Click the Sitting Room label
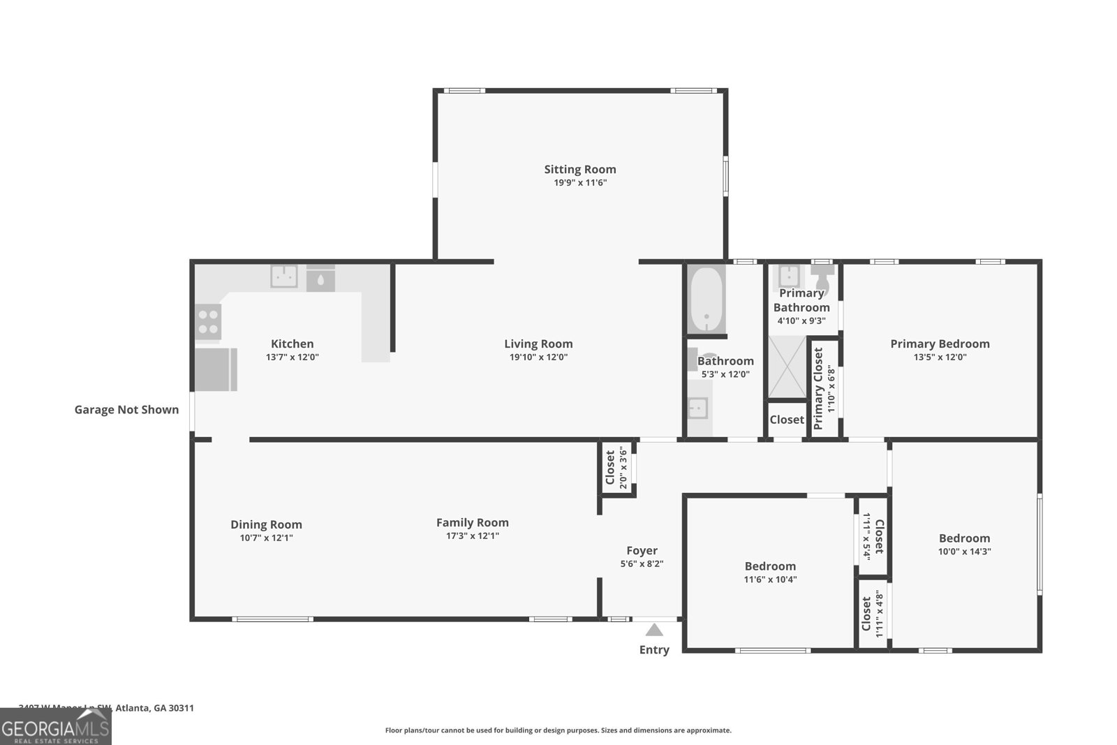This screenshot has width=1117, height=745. [x=580, y=169]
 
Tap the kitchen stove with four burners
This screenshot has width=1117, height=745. [x=208, y=322]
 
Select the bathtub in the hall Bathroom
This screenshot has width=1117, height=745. [x=707, y=300]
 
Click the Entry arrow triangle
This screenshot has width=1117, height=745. [x=654, y=630]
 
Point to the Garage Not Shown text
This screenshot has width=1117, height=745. [x=126, y=410]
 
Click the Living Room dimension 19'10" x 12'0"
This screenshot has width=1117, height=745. [x=538, y=357]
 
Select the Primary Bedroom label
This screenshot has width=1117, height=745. [x=940, y=344]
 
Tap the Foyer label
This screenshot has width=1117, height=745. [x=642, y=550]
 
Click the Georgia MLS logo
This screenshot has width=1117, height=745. [x=55, y=728]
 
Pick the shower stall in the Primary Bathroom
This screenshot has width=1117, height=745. [x=787, y=367]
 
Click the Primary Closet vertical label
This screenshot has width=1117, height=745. [x=819, y=388]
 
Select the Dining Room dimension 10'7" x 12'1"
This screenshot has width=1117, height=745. [x=266, y=538]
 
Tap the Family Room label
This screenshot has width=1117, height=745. [x=473, y=522]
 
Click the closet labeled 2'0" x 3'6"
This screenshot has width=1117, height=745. [x=617, y=468]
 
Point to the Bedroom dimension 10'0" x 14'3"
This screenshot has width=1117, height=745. [x=964, y=552]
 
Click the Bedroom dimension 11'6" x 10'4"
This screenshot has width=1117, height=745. [x=770, y=580]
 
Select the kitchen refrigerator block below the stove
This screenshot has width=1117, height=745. [x=216, y=369]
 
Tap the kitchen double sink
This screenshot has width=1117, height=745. [x=284, y=276]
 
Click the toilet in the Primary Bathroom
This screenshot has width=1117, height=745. [x=822, y=277]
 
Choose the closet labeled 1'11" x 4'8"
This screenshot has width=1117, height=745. [x=872, y=614]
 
